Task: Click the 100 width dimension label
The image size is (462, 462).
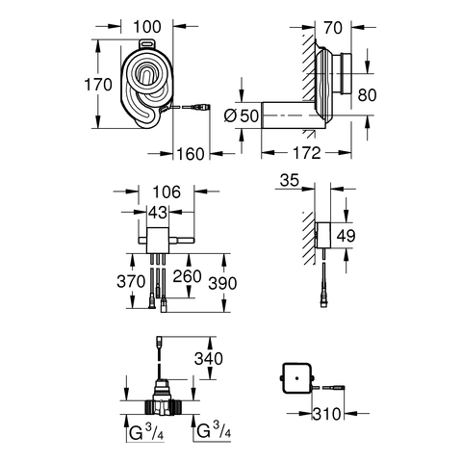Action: click(x=147, y=27)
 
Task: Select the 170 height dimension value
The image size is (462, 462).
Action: click(x=98, y=85)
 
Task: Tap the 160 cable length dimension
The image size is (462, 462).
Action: click(x=191, y=154)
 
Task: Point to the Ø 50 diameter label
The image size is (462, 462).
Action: click(x=242, y=115)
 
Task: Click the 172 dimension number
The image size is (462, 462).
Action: click(x=307, y=153)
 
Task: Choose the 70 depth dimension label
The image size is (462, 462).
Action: click(x=333, y=28)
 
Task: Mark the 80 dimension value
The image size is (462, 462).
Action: click(x=367, y=95)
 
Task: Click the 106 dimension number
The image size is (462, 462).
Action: click(x=167, y=192)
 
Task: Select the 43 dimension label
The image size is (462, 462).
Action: click(x=158, y=212)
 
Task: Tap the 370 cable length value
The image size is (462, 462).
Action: click(x=131, y=282)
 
